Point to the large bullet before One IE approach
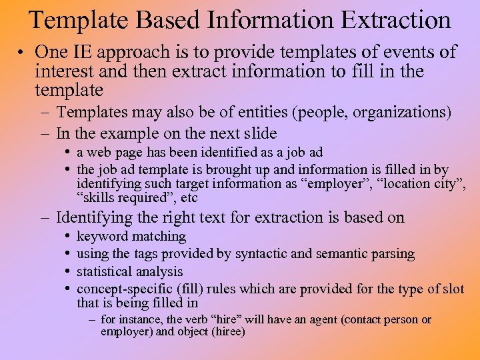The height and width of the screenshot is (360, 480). tap(23, 52)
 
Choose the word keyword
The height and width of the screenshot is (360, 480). tap(102, 237)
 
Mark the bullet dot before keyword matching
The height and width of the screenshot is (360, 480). tap(69, 237)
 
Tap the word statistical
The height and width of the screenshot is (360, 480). tap(105, 271)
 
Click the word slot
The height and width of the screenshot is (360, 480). tap(452, 289)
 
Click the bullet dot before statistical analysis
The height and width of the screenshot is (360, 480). tap(69, 272)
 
